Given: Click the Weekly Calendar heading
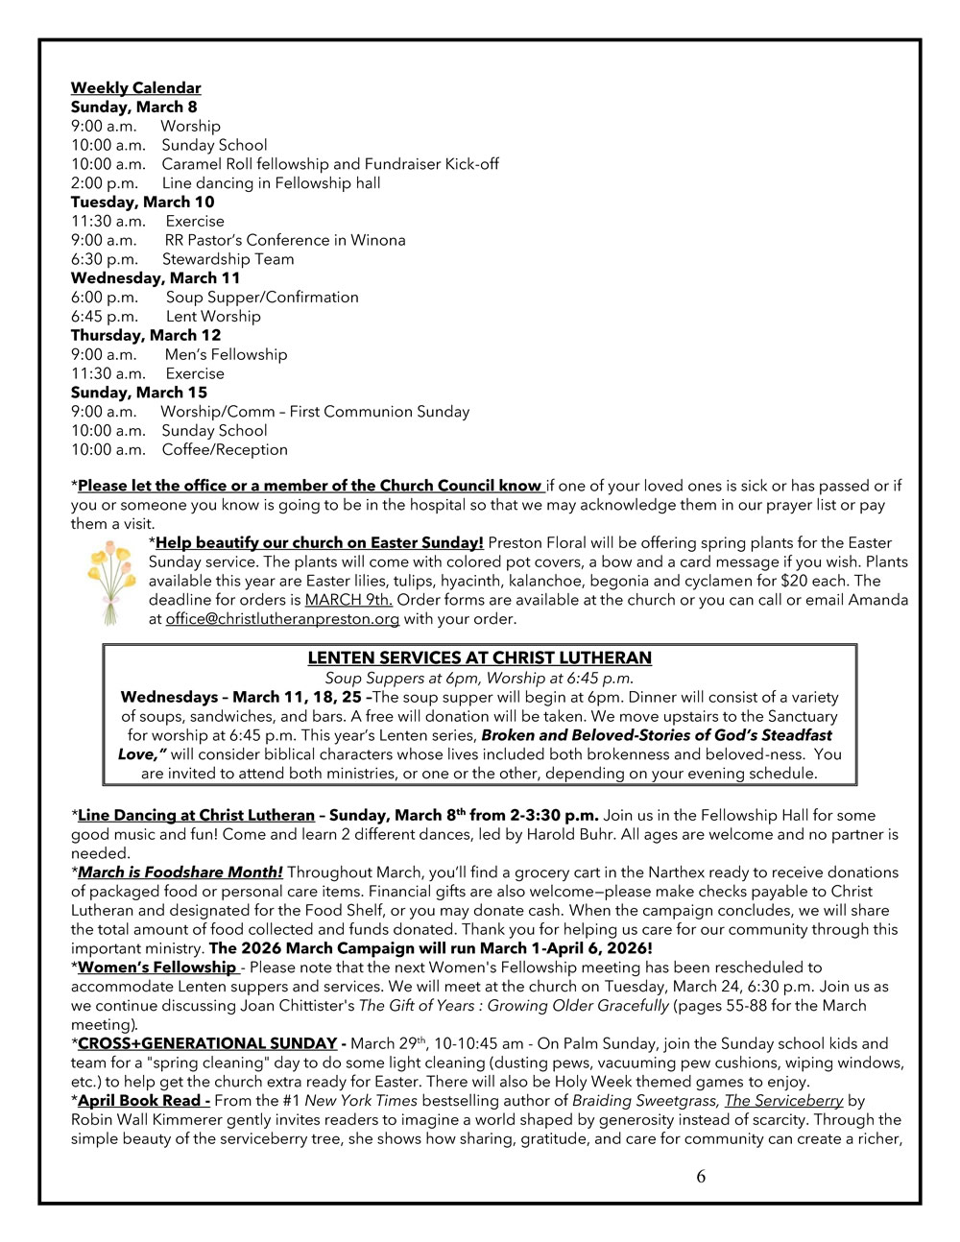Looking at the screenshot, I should point(135,88).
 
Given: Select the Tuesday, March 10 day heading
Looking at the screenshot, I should point(142,202).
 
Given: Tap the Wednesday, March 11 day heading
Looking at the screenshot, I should point(156,278).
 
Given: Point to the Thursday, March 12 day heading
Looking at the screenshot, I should point(145,335).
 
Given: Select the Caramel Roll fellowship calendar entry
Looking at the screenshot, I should point(329,164).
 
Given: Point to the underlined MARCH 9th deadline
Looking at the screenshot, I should point(348,600).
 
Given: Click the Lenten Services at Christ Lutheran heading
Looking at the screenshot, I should point(479,658).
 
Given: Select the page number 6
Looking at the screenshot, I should point(701,1177).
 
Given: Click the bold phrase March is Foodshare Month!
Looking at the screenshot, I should point(180,872).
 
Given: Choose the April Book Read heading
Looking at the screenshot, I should point(144,1101).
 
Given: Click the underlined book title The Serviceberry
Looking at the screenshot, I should point(783,1101).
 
